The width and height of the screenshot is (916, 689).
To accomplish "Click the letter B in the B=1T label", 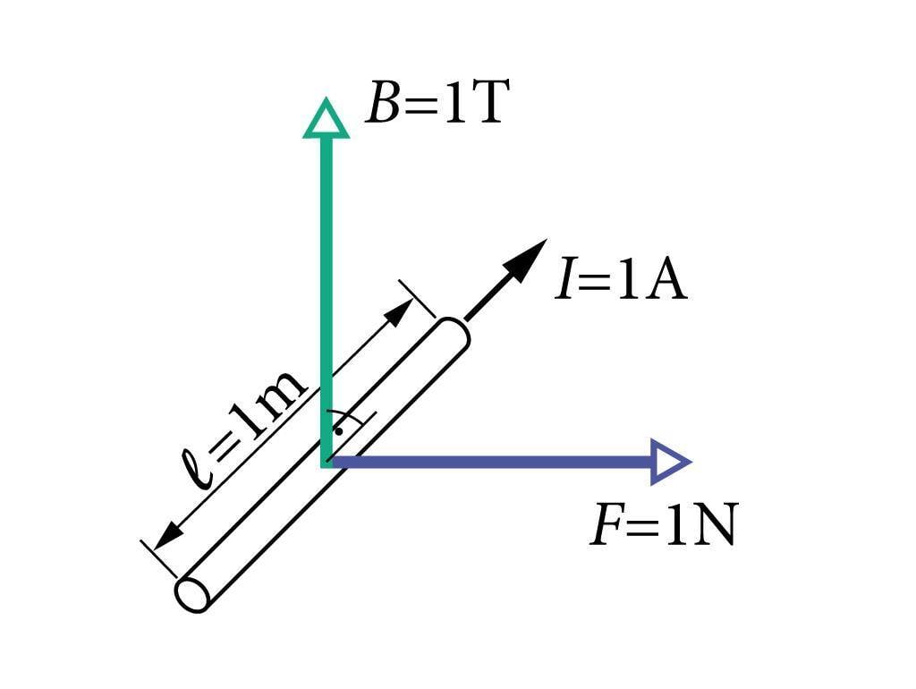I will (383, 106).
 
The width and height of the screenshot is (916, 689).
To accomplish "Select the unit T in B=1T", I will (490, 106).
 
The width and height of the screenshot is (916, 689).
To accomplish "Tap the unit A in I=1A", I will (666, 281).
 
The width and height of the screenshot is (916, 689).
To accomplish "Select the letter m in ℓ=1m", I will (284, 395).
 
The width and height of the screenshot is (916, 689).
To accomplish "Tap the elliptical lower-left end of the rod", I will (192, 595).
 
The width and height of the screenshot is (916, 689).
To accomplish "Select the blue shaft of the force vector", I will (492, 462).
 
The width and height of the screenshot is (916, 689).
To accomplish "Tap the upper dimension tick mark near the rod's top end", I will (417, 299).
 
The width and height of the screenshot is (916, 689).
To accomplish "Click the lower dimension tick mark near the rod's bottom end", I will (158, 558).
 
